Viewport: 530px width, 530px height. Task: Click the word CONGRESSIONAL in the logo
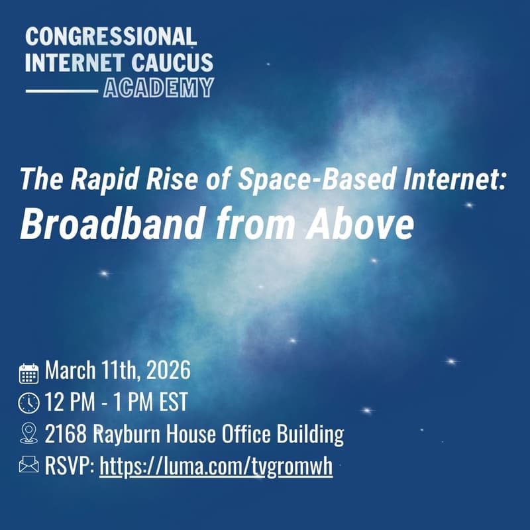111,36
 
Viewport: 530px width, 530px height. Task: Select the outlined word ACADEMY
158,87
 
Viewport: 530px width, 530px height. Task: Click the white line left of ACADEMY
61,89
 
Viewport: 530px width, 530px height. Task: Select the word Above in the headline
361,225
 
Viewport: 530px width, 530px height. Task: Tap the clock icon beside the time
28,403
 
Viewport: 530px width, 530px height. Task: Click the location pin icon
28,434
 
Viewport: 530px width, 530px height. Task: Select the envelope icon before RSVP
28,466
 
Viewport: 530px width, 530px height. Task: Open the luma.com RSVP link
216,467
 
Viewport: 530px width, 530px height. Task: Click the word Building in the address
312,435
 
